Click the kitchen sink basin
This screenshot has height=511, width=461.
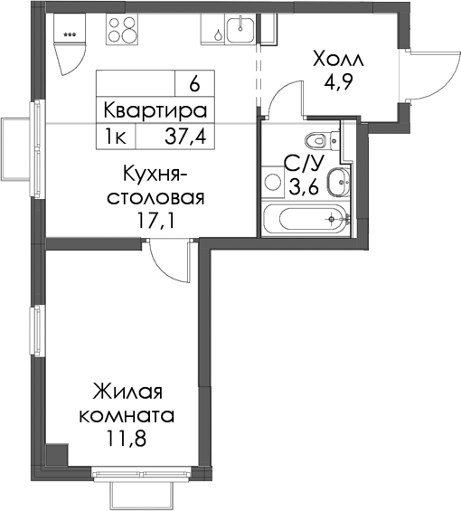click(240, 30)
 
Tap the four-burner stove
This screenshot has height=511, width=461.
click(122, 29)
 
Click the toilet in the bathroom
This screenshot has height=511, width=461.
click(322, 141)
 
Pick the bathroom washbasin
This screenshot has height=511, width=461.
click(338, 182)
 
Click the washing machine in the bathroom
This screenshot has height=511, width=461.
click(273, 182)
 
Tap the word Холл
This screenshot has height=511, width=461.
click(338, 60)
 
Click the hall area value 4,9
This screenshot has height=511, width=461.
click(338, 83)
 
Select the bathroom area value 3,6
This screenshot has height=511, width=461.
click(304, 187)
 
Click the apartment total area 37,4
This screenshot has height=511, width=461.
click(185, 137)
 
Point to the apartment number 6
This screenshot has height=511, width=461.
click(194, 84)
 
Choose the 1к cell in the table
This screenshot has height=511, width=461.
click(115, 137)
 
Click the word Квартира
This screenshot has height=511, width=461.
click(155, 111)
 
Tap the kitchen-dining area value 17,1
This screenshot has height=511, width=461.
click(155, 221)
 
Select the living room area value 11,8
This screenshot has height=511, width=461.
click(127, 439)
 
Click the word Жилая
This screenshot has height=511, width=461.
click(127, 391)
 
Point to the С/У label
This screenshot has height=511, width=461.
click(304, 164)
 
